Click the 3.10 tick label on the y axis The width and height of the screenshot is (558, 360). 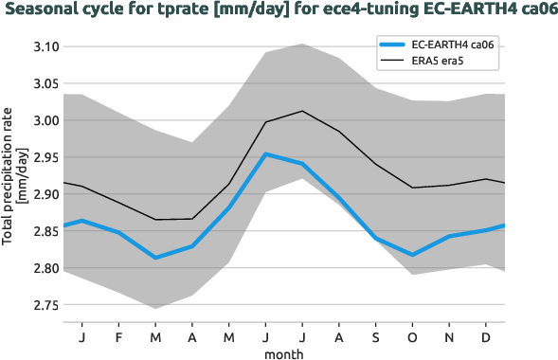(x=45, y=46)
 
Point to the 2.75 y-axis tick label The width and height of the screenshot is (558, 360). (x=45, y=305)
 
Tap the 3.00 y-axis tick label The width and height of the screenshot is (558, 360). (x=45, y=120)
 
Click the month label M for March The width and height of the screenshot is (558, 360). (x=154, y=336)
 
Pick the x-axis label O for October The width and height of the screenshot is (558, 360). (x=411, y=336)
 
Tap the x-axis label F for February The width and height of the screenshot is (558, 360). (x=118, y=336)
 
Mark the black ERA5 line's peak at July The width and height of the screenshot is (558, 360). (x=301, y=111)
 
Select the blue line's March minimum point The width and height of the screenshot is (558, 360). (x=154, y=258)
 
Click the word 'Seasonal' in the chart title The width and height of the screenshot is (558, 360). (x=42, y=11)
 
